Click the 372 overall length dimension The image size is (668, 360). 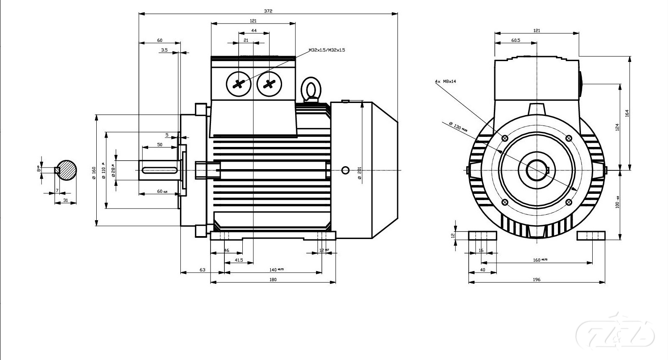pyautogui.click(x=268, y=11)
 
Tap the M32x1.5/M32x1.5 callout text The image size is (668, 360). pyautogui.click(x=327, y=50)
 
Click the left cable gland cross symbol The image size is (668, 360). pyautogui.click(x=239, y=84)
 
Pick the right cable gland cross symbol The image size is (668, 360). pyautogui.click(x=269, y=84)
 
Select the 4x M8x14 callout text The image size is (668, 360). pyautogui.click(x=445, y=82)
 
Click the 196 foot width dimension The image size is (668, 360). pyautogui.click(x=537, y=279)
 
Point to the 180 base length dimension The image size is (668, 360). pyautogui.click(x=273, y=279)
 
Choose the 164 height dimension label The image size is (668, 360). pyautogui.click(x=627, y=113)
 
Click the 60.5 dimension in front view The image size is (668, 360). pyautogui.click(x=516, y=41)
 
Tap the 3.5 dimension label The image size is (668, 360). pyautogui.click(x=164, y=50)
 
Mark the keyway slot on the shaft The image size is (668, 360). pyautogui.click(x=159, y=170)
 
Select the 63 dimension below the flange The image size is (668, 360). pyautogui.click(x=202, y=270)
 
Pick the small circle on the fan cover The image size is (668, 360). pyautogui.click(x=345, y=170)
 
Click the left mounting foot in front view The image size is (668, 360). pyautogui.click(x=482, y=235)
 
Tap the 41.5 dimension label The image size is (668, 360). pyautogui.click(x=239, y=260)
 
